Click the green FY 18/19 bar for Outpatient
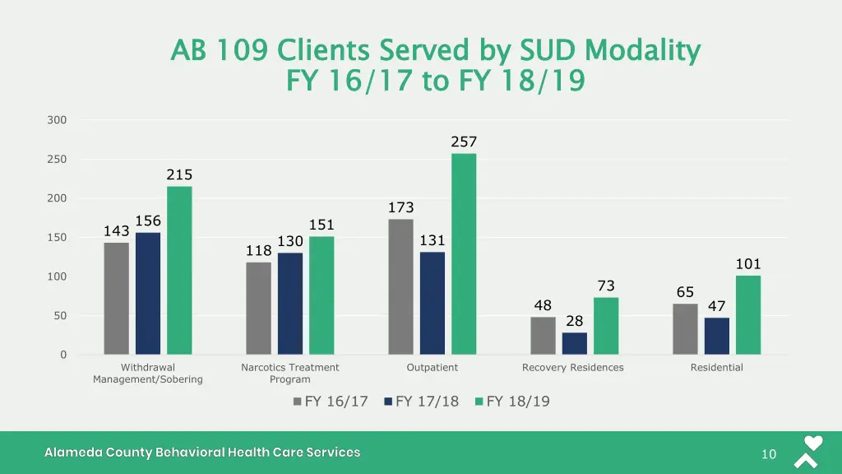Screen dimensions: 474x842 (x=464, y=253)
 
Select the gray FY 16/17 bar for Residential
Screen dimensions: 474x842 (x=685, y=329)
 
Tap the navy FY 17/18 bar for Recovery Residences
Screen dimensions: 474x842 (x=575, y=343)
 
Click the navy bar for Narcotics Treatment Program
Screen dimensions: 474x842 (x=290, y=304)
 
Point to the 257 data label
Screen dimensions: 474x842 (x=464, y=142)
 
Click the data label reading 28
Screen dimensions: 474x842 (x=574, y=321)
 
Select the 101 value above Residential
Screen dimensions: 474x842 (x=748, y=264)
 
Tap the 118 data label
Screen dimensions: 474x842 (x=258, y=250)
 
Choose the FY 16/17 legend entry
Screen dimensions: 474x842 (x=331, y=402)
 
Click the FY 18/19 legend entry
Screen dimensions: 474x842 (x=511, y=402)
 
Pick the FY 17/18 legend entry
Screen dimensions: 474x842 (x=421, y=402)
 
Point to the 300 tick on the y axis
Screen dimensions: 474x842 (x=58, y=120)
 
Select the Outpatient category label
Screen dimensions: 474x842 (x=433, y=368)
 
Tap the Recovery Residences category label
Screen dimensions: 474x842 (x=573, y=368)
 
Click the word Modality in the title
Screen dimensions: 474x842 (x=643, y=51)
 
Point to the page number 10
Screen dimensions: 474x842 (x=769, y=454)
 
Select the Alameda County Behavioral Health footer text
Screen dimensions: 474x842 (x=202, y=453)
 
